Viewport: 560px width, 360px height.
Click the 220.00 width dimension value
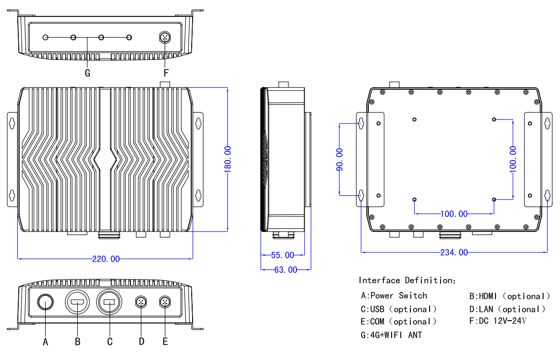(106, 259)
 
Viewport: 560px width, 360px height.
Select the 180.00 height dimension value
(228, 159)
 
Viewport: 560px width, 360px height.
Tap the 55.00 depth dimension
(282, 255)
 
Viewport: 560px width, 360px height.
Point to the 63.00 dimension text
(285, 270)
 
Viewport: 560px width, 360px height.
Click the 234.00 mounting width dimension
(454, 253)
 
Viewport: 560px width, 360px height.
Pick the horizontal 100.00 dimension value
(454, 214)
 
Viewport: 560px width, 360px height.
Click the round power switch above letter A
(45, 302)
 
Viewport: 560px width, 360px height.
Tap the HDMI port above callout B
(77, 302)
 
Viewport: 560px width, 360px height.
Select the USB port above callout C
(109, 302)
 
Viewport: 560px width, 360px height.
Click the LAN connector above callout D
(141, 302)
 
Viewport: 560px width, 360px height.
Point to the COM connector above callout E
(165, 302)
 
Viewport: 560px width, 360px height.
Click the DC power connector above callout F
(165, 38)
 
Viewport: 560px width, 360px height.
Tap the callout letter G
(87, 73)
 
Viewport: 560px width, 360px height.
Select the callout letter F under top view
(166, 73)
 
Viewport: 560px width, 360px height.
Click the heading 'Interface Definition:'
(407, 280)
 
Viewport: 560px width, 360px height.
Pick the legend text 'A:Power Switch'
(394, 296)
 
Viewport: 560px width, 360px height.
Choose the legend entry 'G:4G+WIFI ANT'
(391, 335)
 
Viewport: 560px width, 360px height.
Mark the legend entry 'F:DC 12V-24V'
(498, 321)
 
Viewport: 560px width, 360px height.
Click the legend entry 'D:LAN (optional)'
(507, 309)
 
